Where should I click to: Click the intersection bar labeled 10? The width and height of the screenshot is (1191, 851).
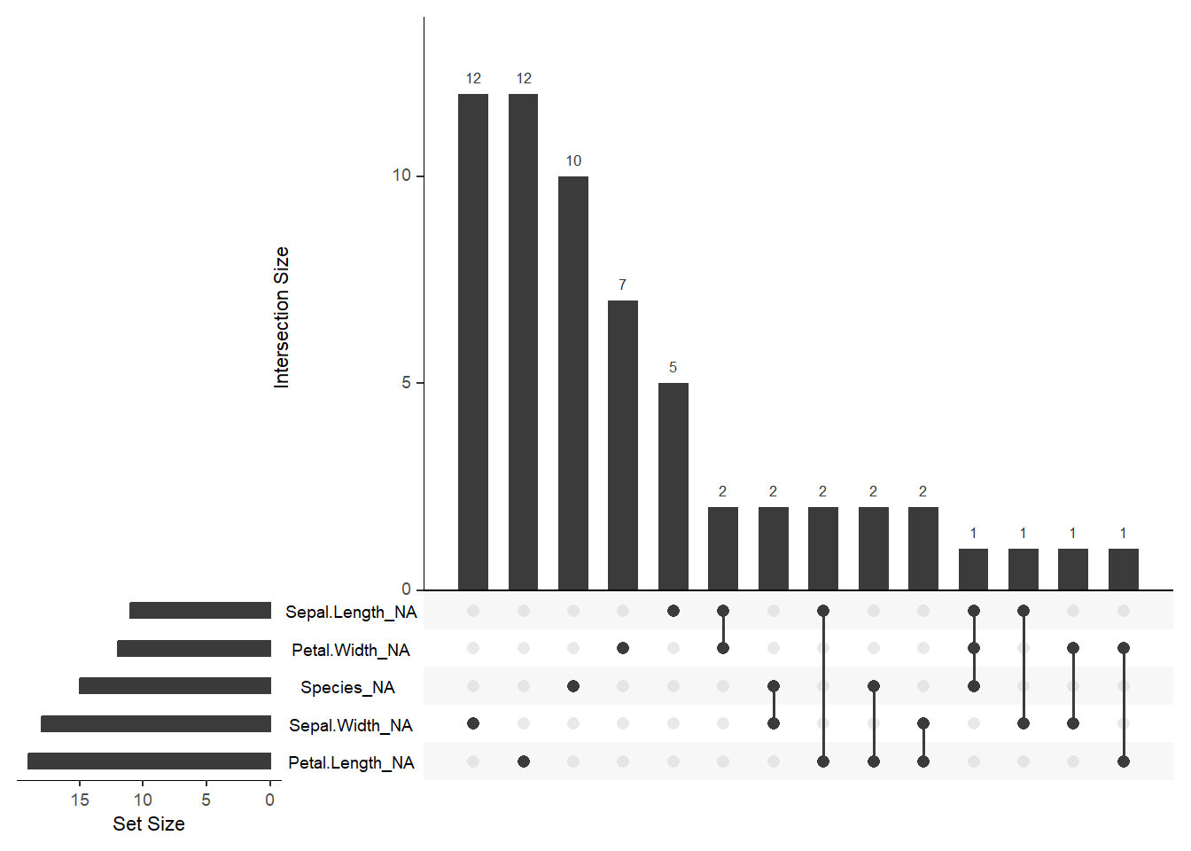point(573,383)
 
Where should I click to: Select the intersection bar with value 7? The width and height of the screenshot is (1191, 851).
point(623,445)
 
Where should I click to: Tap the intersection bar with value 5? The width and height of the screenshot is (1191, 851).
point(673,486)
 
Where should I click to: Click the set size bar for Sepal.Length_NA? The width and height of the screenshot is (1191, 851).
point(200,611)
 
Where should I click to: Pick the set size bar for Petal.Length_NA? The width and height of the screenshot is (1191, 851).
point(149,761)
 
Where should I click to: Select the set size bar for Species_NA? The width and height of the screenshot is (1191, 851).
point(175,686)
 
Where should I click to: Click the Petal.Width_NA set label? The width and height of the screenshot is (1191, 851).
point(351,650)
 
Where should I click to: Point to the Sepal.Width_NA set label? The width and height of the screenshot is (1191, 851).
point(351,725)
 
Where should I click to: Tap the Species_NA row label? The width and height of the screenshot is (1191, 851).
point(347,687)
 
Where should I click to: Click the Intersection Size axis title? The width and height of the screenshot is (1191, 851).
point(282,317)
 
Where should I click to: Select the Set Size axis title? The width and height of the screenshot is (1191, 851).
point(149,824)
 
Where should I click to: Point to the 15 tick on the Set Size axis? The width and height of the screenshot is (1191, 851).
point(80,800)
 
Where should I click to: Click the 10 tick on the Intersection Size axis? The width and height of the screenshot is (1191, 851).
point(402,176)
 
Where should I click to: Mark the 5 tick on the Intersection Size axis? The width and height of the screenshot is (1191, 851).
point(407,383)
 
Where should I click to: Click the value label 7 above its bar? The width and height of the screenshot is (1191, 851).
point(623,285)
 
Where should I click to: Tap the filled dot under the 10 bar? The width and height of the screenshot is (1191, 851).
point(573,686)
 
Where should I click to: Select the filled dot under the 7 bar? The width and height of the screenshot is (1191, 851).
point(623,648)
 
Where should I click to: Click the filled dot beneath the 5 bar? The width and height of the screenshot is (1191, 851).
point(673,611)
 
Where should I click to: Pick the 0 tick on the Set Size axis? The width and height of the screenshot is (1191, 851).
point(270,800)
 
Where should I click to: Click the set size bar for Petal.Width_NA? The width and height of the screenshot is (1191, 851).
point(194,649)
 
